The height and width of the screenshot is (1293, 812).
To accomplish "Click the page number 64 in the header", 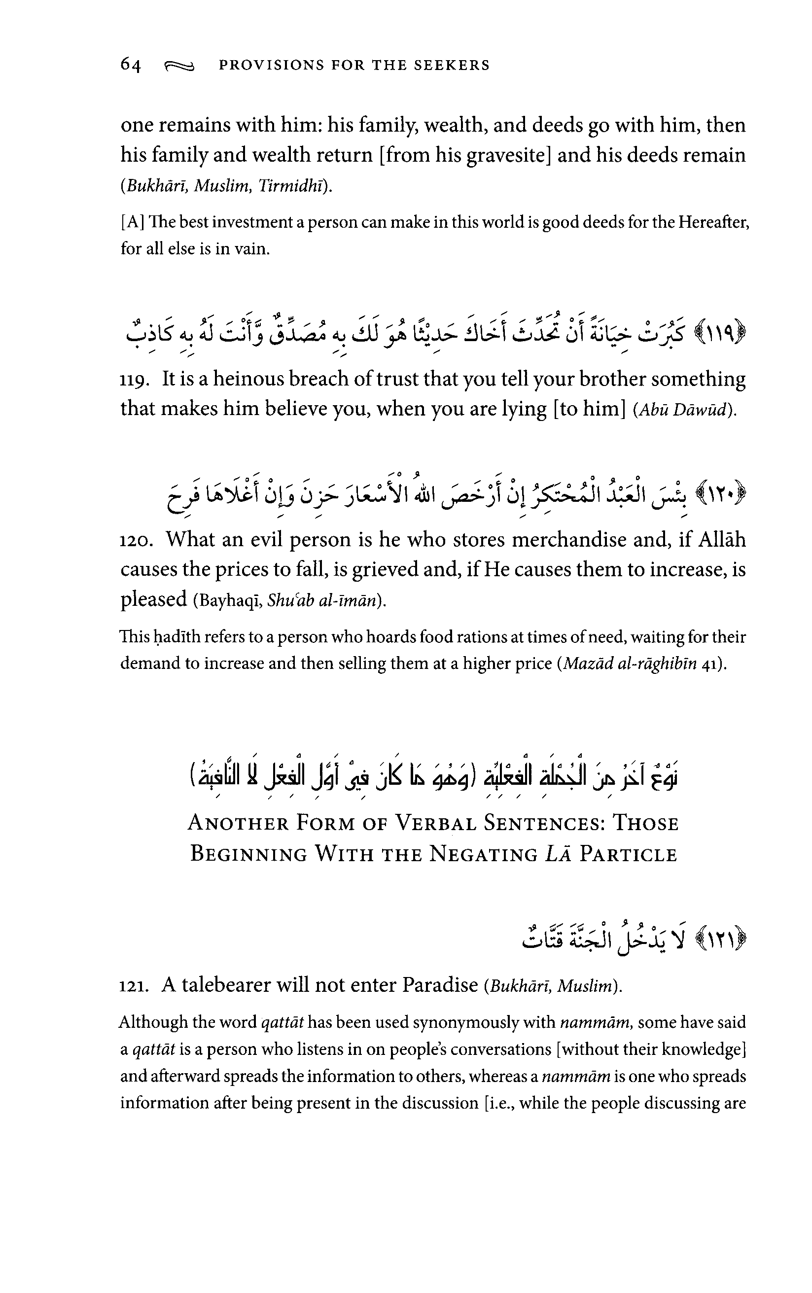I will (131, 65).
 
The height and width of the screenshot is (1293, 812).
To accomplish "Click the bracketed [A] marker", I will (132, 222).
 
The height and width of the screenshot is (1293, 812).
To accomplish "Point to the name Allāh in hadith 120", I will (721, 539).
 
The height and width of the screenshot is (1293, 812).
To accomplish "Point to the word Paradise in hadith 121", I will (440, 985).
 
